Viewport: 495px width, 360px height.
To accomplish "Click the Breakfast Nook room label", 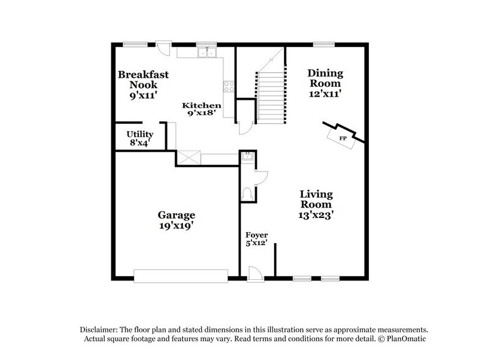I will coord(143,84).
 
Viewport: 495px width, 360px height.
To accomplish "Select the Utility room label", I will coord(140,138).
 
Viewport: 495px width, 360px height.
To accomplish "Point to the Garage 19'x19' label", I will coord(176,220).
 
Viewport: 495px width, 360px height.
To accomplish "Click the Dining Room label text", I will coord(325,83).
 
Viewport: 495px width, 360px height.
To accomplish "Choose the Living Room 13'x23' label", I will coord(316,204).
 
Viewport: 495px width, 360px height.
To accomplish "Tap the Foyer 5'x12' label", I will coord(256,239).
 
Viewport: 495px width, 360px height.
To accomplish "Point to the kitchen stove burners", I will coord(229,86).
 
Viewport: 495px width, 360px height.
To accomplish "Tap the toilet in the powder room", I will coord(248,193).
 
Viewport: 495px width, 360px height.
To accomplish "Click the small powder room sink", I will coord(247,157).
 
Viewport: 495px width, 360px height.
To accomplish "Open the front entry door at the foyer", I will coord(255,275).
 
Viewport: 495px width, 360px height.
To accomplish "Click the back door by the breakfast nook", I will coord(163,48).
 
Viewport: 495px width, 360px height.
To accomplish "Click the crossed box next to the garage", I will coord(187,157).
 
